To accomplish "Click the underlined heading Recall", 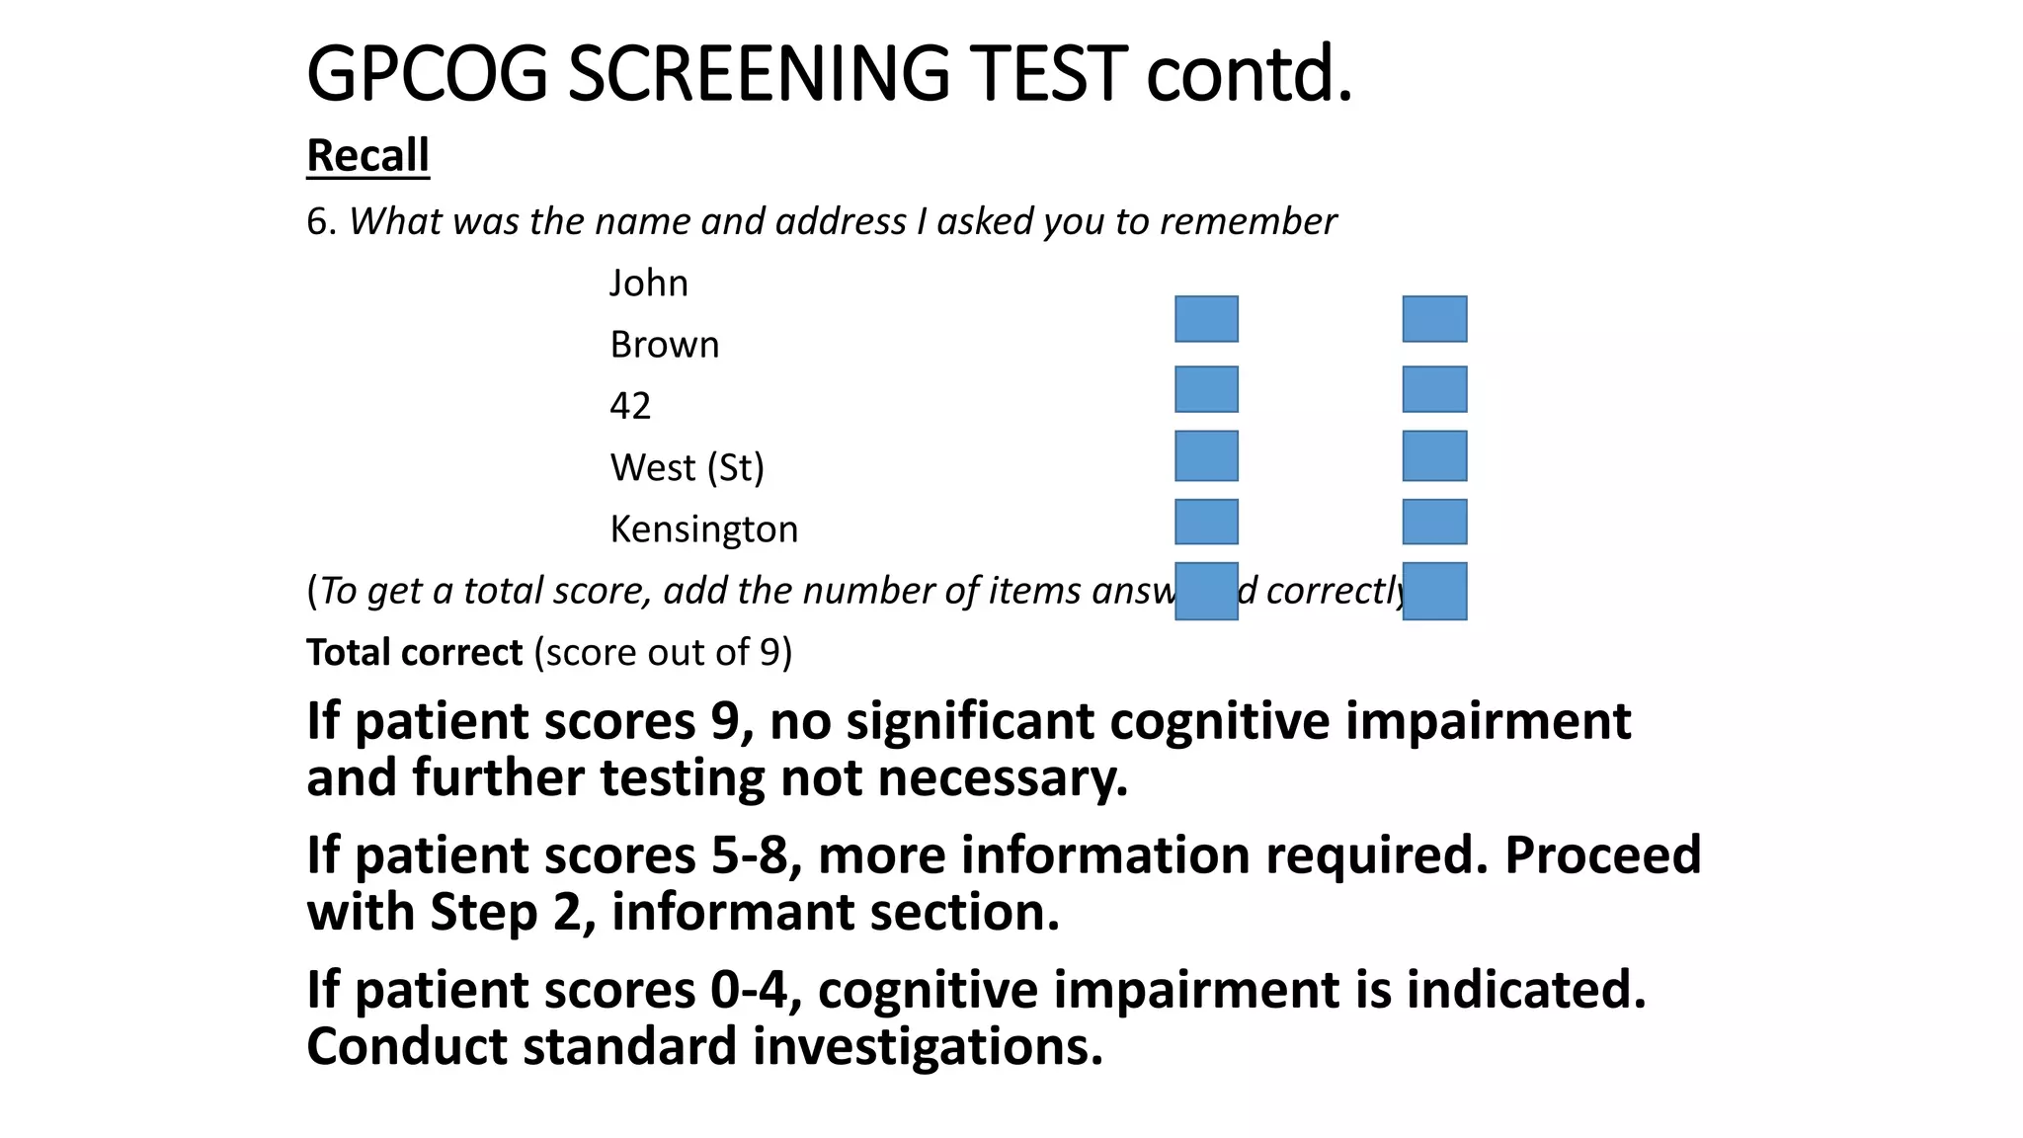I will pos(367,156).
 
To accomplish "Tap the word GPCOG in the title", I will pos(427,74).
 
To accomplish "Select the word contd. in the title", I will pos(1249,74).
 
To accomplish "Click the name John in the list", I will pos(648,284).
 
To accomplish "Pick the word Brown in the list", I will pos(665,345).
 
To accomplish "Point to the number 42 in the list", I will pos(630,406).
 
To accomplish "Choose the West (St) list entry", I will pos(688,467).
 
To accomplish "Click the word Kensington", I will pos(704,529).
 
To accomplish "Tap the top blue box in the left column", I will pos(1206,319).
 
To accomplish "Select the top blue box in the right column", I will pos(1434,319).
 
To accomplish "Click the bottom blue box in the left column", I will pos(1206,591).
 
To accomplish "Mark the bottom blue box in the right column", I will pos(1434,591).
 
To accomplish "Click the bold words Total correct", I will pos(414,653).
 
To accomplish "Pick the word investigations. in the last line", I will pos(928,1046).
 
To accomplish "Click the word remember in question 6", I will pos(1249,221).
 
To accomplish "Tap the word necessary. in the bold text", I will pos(1003,778).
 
